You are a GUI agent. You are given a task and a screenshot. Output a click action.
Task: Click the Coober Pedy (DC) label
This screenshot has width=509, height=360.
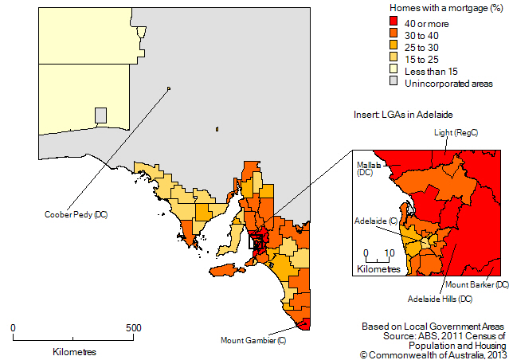(76, 215)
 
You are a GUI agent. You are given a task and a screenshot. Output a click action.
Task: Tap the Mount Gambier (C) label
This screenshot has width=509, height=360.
(253, 340)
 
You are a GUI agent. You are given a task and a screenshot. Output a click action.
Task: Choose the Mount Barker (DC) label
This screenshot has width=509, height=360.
(477, 284)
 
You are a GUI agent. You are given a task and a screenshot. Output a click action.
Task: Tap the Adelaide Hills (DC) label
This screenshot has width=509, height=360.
(440, 299)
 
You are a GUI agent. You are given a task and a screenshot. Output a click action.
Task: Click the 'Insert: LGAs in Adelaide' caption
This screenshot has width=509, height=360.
(405, 115)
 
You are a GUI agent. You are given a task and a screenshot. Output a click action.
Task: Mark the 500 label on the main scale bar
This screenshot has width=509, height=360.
(133, 327)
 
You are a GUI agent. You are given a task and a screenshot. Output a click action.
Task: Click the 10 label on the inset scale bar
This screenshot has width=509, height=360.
(390, 254)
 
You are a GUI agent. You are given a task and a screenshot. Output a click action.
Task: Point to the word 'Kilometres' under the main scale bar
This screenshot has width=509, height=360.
(74, 351)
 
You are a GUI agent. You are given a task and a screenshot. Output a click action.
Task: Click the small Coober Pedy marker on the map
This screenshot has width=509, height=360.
(169, 88)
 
